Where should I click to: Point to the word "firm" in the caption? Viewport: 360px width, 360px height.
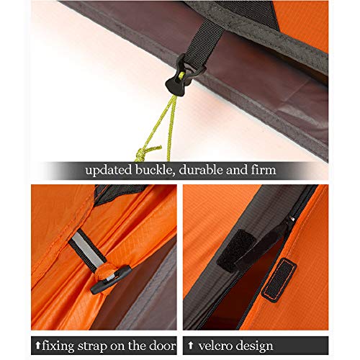tap(264, 170)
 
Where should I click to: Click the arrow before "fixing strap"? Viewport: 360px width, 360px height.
tap(38, 346)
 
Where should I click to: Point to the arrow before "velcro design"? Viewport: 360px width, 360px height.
tap(190, 346)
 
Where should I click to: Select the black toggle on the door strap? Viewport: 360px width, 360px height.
tap(111, 280)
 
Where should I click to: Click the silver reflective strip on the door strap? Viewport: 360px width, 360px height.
tap(87, 251)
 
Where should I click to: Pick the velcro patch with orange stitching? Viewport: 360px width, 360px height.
tap(279, 280)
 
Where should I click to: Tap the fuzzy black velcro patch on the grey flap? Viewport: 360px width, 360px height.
tap(236, 251)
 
